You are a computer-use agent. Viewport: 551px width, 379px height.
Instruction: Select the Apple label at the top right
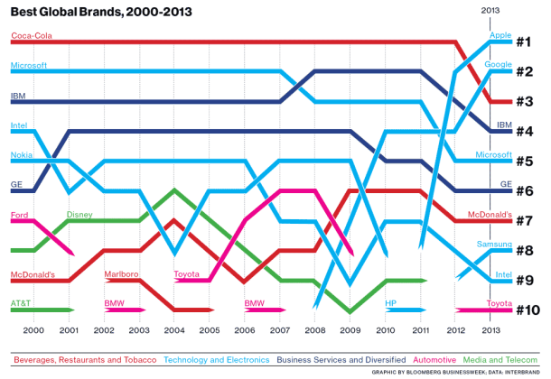[500, 36]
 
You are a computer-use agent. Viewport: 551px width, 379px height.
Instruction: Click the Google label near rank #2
[499, 65]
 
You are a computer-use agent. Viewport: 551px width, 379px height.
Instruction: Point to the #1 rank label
[528, 42]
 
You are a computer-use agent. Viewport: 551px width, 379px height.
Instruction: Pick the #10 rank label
[528, 310]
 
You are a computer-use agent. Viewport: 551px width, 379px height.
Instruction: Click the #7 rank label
[528, 220]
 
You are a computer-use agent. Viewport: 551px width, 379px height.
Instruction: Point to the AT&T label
[22, 303]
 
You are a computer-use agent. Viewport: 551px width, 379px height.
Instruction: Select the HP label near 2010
[391, 303]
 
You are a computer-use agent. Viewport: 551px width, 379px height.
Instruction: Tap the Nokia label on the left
[23, 154]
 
